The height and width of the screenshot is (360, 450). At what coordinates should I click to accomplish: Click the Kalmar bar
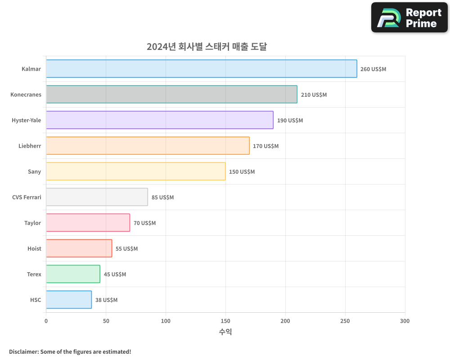point(202,69)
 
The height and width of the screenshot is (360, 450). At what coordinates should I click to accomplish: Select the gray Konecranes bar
point(171,94)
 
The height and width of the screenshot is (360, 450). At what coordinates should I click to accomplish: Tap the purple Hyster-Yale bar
point(160,120)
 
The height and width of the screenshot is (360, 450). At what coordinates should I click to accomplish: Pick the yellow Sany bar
point(135,171)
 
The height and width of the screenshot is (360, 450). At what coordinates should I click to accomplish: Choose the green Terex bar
point(73,274)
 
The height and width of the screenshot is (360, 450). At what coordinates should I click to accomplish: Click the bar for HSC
point(69,300)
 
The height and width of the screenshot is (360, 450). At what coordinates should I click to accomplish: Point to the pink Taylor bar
point(88,223)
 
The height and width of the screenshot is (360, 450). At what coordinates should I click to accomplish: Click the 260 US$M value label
point(373,69)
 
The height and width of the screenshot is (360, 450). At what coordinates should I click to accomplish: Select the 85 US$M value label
point(162,198)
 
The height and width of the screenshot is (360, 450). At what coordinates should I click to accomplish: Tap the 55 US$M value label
point(126,249)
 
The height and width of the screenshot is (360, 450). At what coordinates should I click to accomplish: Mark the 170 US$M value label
point(265,146)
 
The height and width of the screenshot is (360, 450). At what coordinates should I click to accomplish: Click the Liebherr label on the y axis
point(30,146)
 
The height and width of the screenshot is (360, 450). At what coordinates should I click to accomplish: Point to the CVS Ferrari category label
point(27,198)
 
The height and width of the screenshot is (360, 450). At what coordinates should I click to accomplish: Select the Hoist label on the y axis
point(34,249)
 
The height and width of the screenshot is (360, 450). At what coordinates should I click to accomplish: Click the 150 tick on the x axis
point(225,321)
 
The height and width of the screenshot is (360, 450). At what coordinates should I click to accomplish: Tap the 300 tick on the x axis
point(405,321)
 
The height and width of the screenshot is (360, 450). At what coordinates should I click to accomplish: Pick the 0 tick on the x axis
point(46,321)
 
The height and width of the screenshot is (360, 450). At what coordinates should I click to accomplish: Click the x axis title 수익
point(225,332)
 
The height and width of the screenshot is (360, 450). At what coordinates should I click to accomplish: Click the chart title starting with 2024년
point(207,46)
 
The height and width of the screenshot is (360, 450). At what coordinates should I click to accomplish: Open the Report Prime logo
point(409,18)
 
